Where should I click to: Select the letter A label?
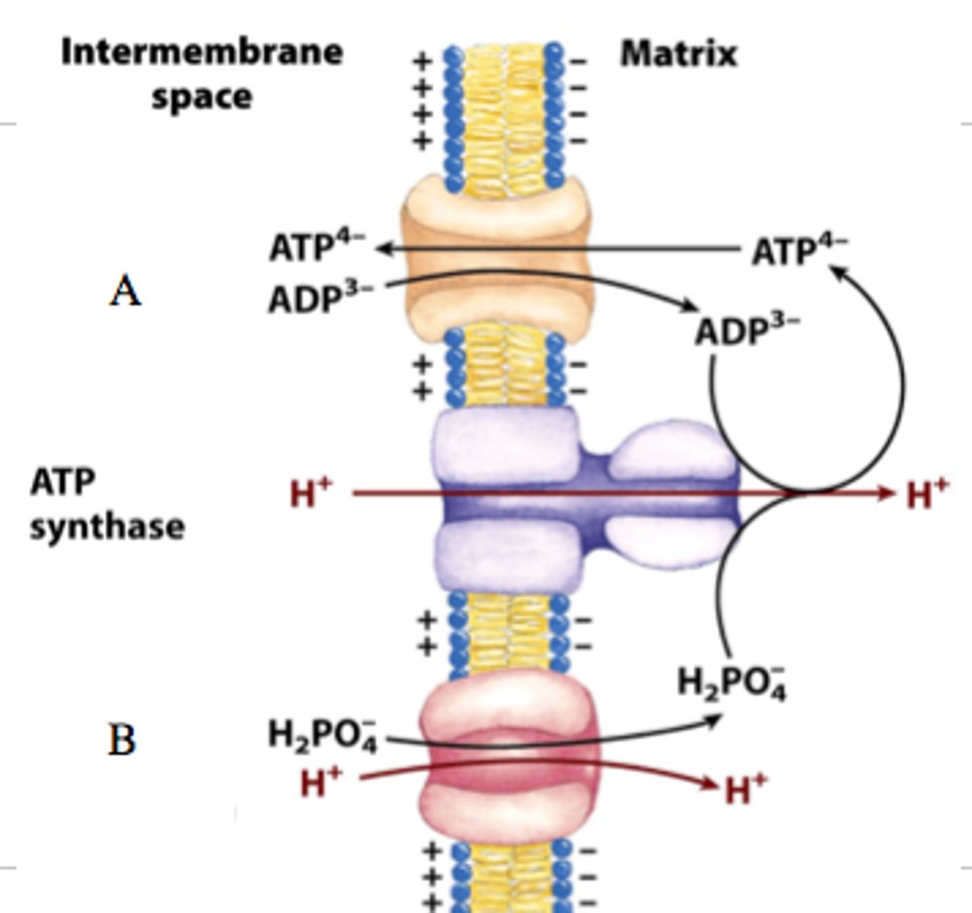click(125, 291)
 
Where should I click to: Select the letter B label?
click(122, 740)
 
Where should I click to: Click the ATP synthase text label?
click(106, 504)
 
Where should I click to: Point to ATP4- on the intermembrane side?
click(316, 247)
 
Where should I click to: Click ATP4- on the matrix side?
click(799, 251)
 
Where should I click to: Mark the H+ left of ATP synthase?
click(311, 494)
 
